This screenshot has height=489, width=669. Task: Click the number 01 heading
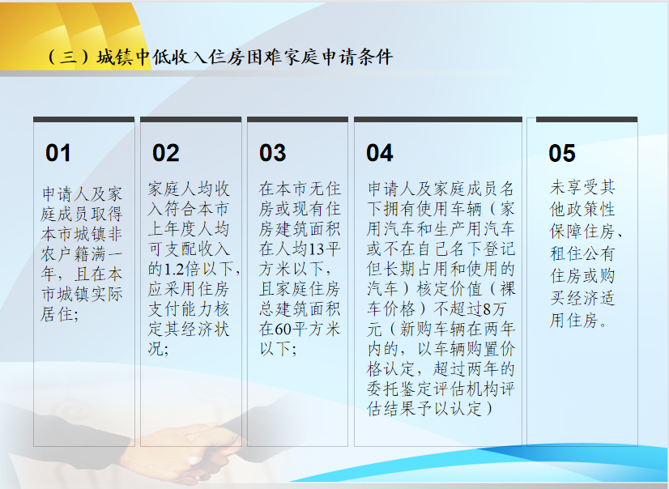(x=58, y=153)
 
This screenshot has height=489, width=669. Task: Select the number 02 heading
(x=165, y=153)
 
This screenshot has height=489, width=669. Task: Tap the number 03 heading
(x=273, y=153)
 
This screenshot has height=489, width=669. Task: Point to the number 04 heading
(x=380, y=153)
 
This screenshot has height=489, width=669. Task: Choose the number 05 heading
(x=562, y=153)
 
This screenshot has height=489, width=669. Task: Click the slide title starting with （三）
(x=219, y=57)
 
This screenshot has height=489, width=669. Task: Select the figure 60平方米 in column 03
(x=307, y=330)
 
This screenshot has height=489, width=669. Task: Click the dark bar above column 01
(x=84, y=119)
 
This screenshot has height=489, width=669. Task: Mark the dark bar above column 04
(x=438, y=119)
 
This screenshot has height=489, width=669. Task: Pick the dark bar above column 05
(x=586, y=119)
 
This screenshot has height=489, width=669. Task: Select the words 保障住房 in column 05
(x=582, y=232)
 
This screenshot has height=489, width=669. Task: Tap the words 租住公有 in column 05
(x=582, y=253)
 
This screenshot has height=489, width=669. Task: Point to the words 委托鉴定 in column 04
(x=400, y=389)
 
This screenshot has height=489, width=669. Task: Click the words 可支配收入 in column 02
(x=189, y=249)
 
